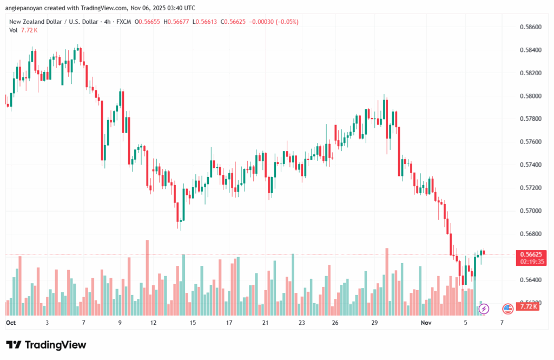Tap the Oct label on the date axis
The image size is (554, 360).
10,323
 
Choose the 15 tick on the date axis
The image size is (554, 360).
192,323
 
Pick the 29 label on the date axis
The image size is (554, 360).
374,323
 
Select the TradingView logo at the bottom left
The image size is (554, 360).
46,345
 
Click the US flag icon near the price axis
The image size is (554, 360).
507,309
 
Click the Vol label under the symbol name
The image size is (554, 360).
14,30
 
